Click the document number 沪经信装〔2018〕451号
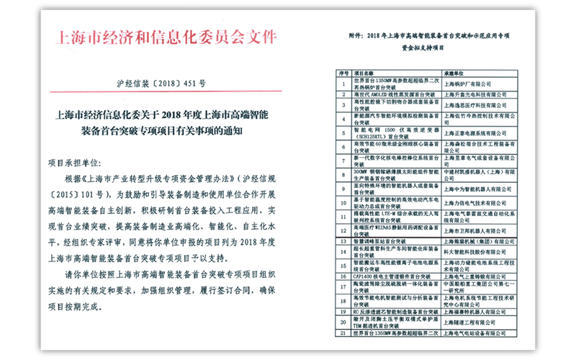click(x=161, y=84)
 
